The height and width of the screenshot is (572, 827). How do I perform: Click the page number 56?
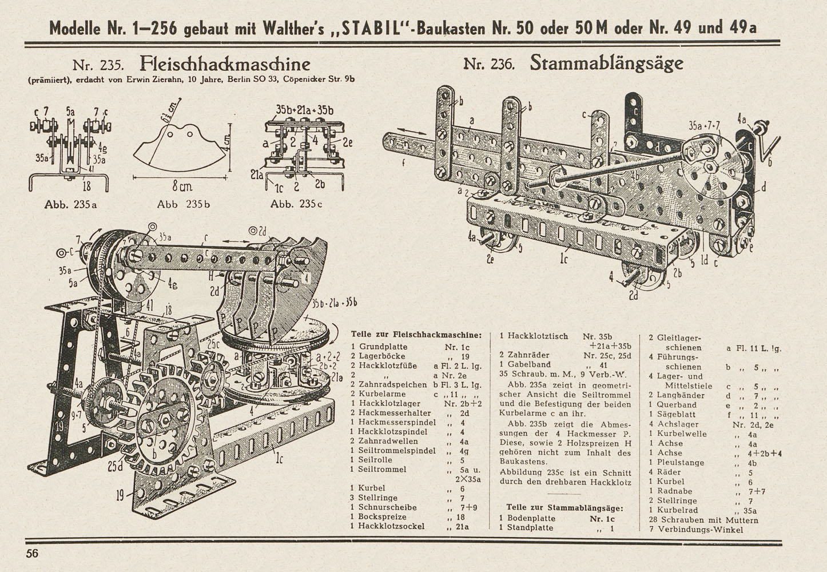(x=32, y=553)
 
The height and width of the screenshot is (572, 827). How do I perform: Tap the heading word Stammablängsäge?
(x=606, y=62)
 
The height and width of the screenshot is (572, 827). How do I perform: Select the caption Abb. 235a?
(x=70, y=204)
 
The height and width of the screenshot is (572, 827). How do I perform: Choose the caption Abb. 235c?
(x=296, y=204)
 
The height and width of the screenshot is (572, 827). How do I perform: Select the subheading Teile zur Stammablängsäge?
(x=564, y=507)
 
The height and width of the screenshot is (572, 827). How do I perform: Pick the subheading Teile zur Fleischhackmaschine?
(x=416, y=335)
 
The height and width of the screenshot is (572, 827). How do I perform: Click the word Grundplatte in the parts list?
(x=383, y=347)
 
